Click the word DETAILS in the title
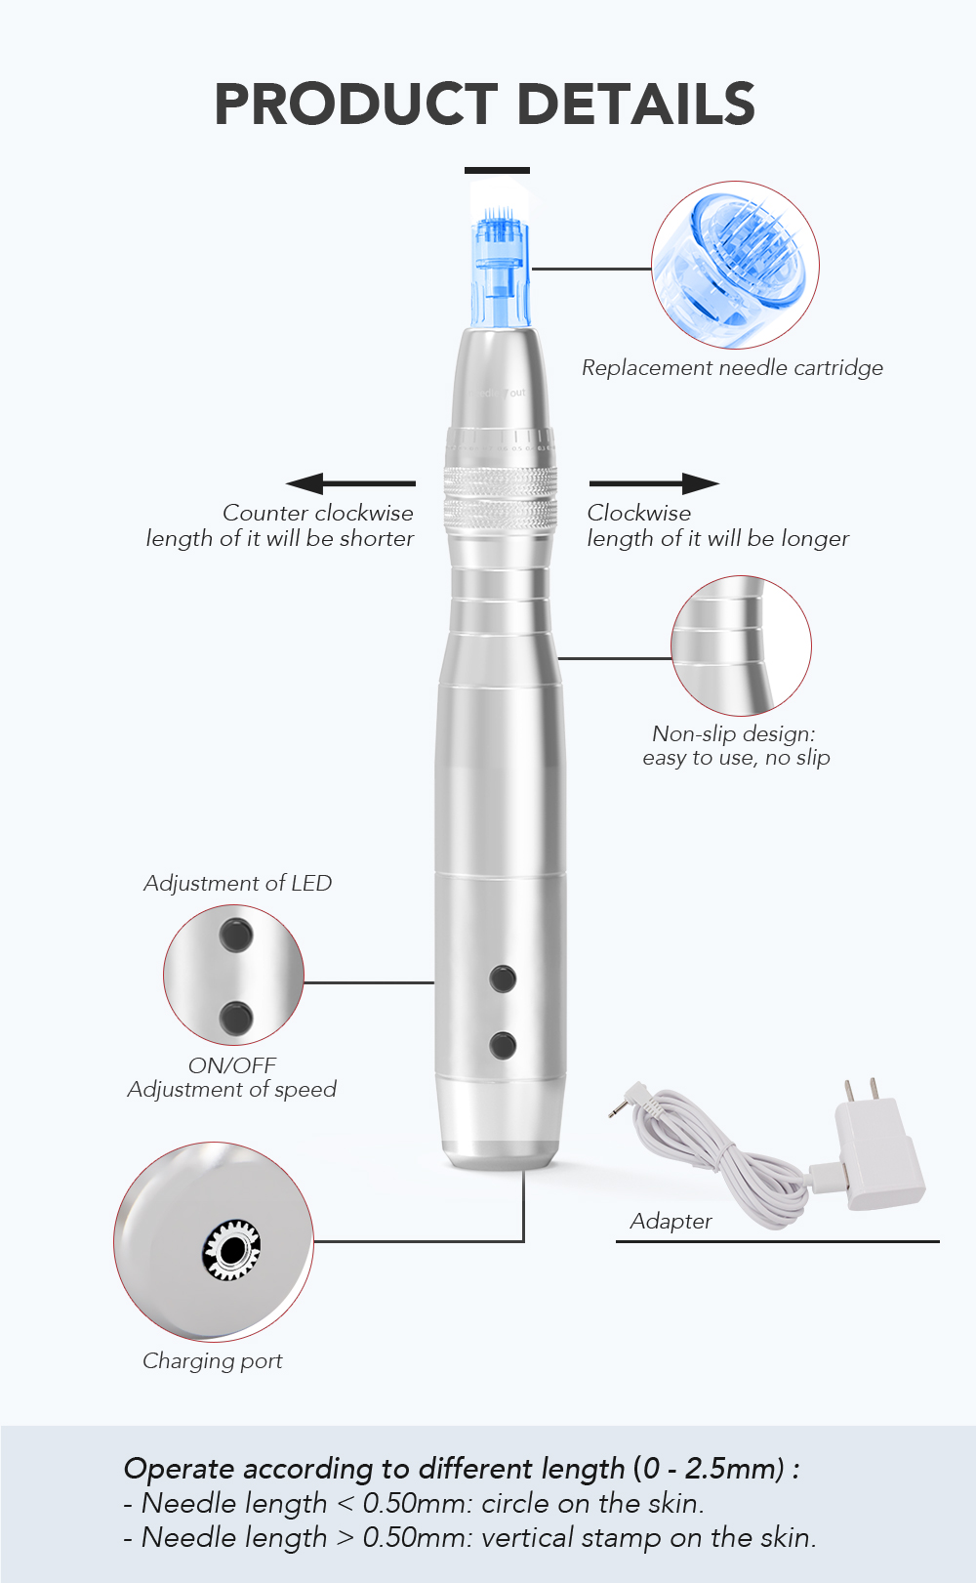[x=635, y=104]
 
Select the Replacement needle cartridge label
[x=732, y=368]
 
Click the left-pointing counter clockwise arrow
[x=350, y=482]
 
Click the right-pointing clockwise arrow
[x=654, y=482]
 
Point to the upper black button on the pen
[x=503, y=978]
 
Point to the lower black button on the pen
[x=503, y=1045]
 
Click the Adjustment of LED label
[x=238, y=883]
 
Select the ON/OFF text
[x=232, y=1065]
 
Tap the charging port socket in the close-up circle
[x=232, y=1249]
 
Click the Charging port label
[x=213, y=1360]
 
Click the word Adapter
[x=671, y=1221]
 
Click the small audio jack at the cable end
[x=617, y=1109]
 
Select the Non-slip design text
[x=734, y=733]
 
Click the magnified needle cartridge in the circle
[x=736, y=264]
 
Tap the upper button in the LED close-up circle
[x=236, y=935]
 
